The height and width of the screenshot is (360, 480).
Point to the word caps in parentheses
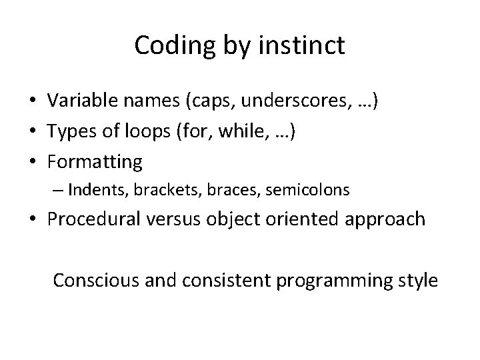[x=211, y=101]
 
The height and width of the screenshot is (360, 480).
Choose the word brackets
[x=161, y=191]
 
